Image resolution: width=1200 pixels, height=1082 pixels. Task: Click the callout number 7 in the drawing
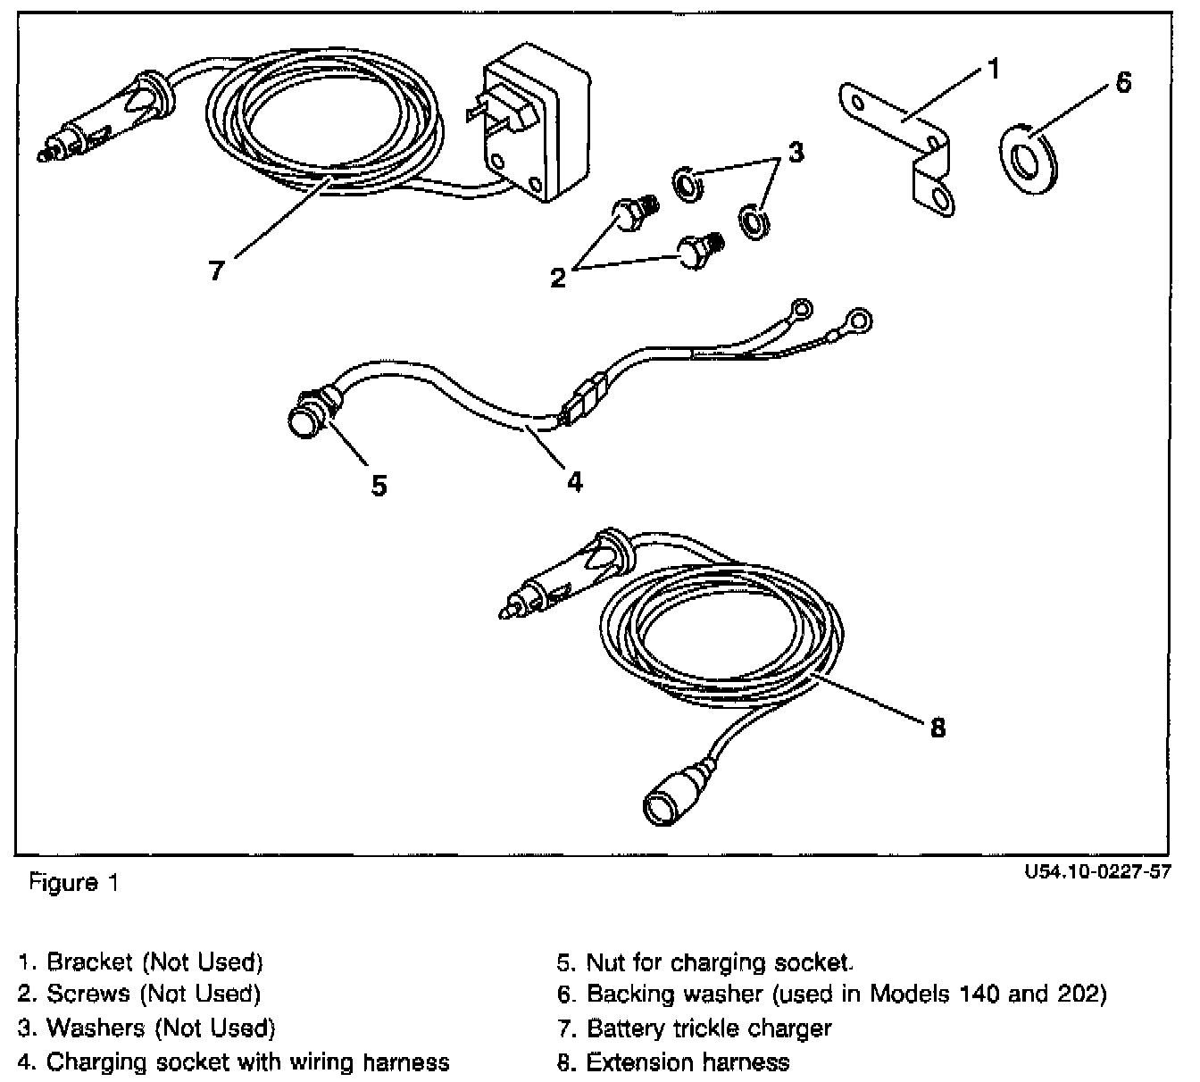pyautogui.click(x=216, y=270)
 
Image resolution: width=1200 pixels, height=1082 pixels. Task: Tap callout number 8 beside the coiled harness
pyautogui.click(x=937, y=728)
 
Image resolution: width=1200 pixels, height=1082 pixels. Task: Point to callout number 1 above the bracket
pyautogui.click(x=994, y=69)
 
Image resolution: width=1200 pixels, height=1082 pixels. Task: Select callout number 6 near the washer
pyautogui.click(x=1123, y=82)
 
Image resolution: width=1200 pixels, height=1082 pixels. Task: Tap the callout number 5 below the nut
pyautogui.click(x=379, y=486)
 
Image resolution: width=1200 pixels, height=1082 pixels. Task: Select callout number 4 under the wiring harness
pyautogui.click(x=574, y=481)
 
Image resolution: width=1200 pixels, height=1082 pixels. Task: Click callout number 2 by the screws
pyautogui.click(x=558, y=278)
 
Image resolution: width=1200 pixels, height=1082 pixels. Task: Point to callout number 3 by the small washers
pyautogui.click(x=796, y=152)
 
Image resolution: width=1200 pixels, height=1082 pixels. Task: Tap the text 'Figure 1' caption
pyautogui.click(x=74, y=883)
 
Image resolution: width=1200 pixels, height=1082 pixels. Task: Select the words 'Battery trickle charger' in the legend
pyautogui.click(x=709, y=1028)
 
